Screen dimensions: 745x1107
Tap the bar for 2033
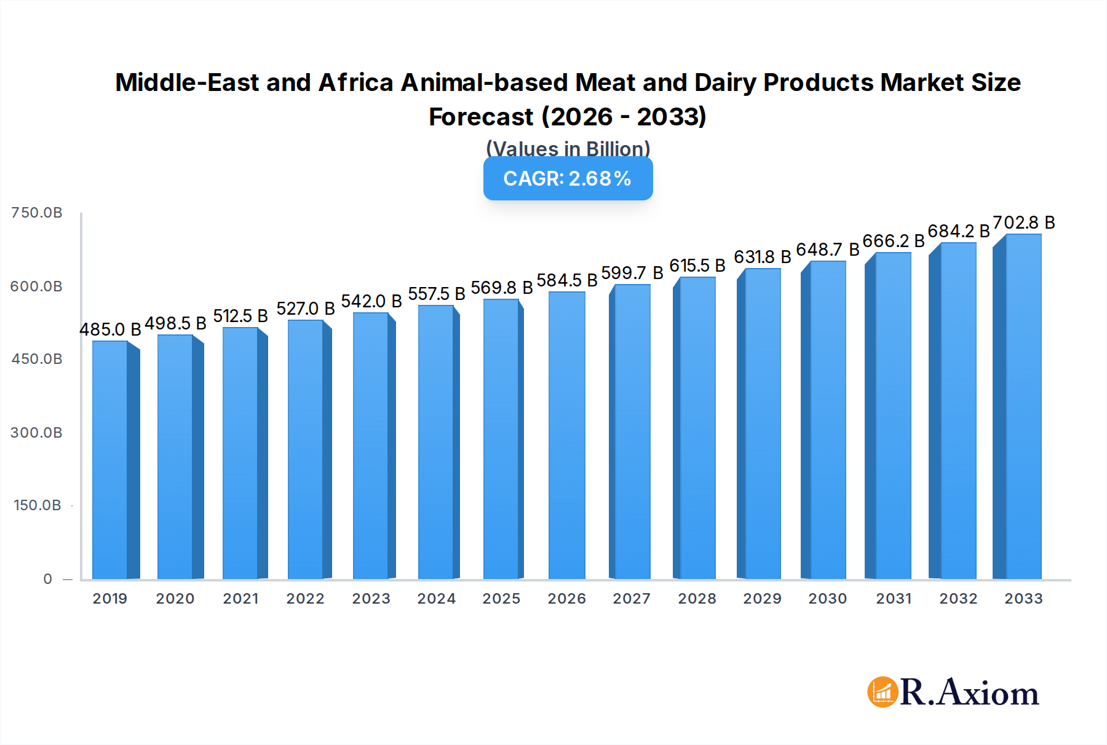[1022, 406]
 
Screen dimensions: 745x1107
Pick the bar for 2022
[306, 449]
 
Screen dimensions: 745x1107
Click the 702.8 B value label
[1023, 223]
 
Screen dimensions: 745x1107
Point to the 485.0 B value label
[110, 329]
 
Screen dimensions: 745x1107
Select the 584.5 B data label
[566, 280]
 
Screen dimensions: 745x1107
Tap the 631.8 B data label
[762, 257]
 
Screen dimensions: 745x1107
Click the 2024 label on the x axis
[436, 599]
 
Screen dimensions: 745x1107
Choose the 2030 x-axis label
[827, 599]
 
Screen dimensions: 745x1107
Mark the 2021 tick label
[240, 599]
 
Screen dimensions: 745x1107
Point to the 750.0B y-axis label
[36, 213]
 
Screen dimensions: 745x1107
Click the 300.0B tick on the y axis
[36, 433]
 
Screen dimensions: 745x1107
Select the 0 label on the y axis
[47, 579]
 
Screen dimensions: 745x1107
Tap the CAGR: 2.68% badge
[568, 178]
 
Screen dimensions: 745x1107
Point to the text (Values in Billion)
[568, 149]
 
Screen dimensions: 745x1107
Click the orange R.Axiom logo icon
[883, 692]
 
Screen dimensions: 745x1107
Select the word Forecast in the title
[481, 117]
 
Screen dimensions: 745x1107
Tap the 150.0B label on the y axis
[37, 505]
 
